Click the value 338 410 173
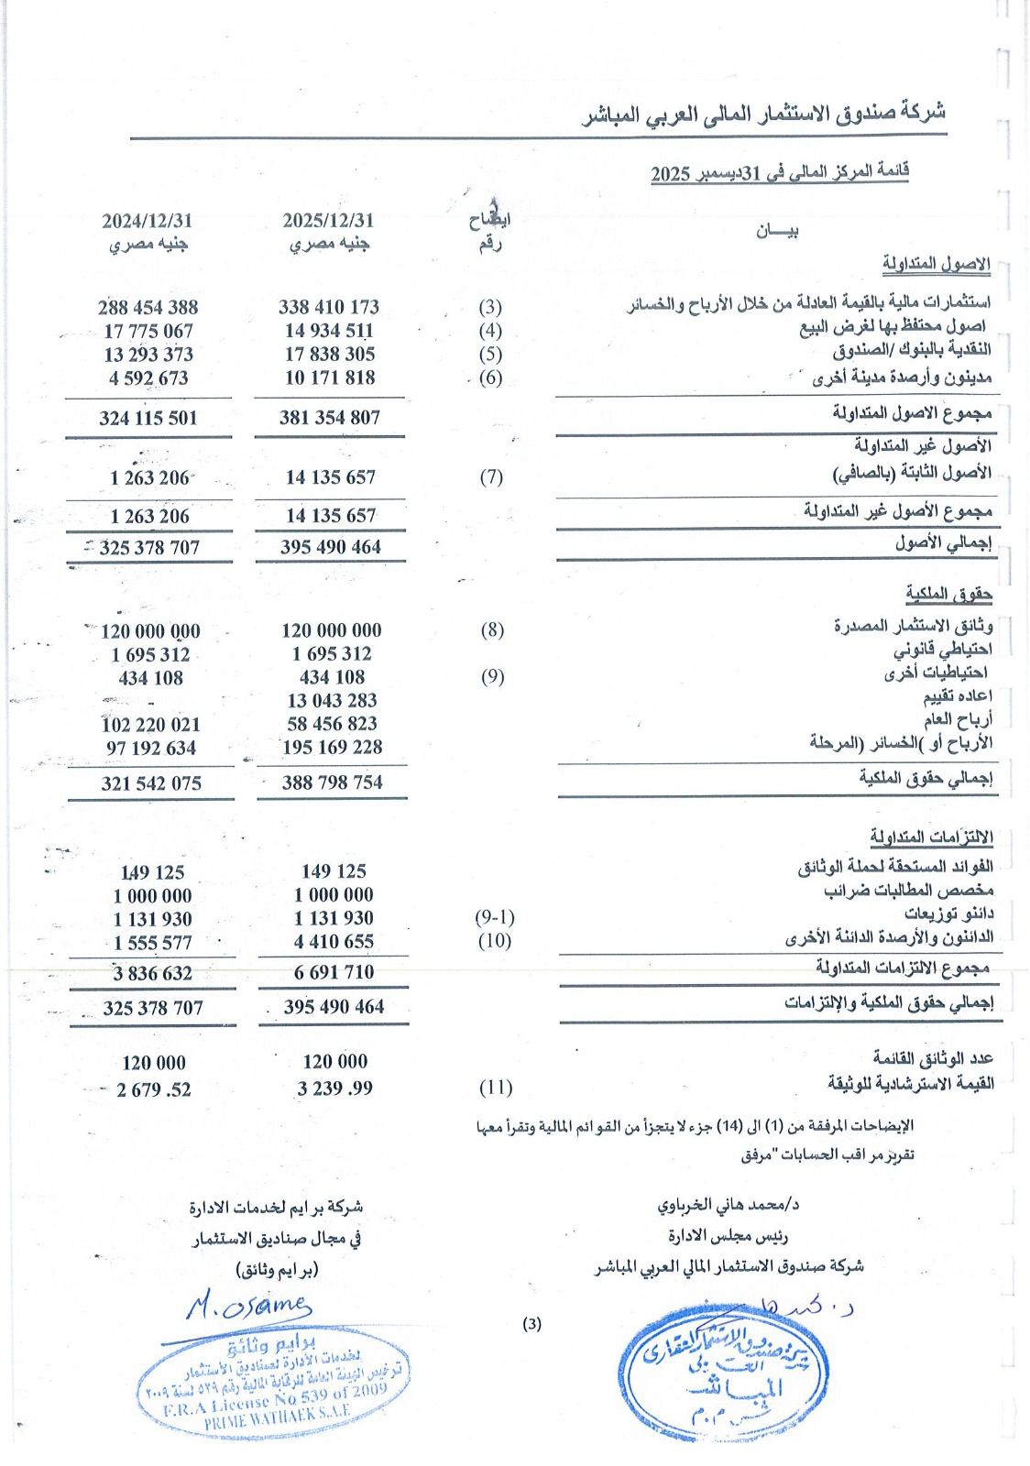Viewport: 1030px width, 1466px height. pos(329,307)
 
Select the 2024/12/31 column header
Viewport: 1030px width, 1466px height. pos(148,221)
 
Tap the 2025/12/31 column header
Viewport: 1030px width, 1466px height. pos(328,221)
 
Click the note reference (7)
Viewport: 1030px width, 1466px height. pos(491,477)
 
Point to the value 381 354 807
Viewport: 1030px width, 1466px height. pos(330,418)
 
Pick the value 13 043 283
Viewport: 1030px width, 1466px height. pos(332,701)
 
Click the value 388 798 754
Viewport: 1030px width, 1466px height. pos(333,782)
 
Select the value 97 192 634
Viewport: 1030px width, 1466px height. pos(151,749)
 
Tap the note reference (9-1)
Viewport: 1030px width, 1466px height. pos(495,917)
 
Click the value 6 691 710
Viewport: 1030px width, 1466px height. pos(334,972)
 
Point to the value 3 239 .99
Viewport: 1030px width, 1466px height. pos(334,1089)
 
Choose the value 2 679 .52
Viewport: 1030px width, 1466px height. pos(154,1090)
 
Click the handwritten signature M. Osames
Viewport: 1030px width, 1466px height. pos(248,1307)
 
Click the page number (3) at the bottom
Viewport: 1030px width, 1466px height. pos(532,1323)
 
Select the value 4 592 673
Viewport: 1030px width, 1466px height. pos(148,378)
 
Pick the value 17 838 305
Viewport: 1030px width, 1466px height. pos(330,355)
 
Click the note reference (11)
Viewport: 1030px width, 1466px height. pos(496,1089)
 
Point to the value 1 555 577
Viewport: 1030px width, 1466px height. pos(153,943)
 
